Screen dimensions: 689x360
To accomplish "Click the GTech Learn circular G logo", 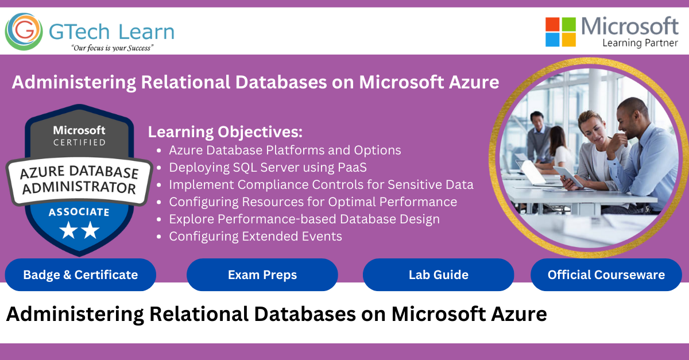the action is coord(24,32).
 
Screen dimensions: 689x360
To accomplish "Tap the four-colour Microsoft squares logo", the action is coord(560,32).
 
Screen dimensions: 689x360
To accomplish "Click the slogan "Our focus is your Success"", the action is coord(113,48).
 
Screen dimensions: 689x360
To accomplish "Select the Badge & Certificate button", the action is coord(80,275).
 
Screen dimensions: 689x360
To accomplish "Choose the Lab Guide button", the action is coord(438,275).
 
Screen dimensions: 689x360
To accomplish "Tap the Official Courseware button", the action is coord(606,275).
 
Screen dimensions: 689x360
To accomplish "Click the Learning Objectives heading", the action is coord(225,132).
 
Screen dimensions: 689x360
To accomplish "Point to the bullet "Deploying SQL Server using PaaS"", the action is coord(268,168).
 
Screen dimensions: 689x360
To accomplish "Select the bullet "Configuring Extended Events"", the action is coord(256,237).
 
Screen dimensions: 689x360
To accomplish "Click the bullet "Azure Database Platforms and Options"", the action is coord(285,150).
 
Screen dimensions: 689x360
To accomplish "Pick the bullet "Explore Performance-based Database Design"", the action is coord(304,219).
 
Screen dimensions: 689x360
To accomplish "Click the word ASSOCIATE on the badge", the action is coord(79,212).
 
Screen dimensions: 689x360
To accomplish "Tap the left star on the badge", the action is coord(68,230).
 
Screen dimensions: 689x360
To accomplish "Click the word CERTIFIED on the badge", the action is coord(79,142).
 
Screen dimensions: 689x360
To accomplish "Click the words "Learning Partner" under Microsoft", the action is coord(640,43).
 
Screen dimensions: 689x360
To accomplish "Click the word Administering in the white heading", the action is coord(74,83).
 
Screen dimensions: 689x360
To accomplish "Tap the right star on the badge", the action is coord(90,230).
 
